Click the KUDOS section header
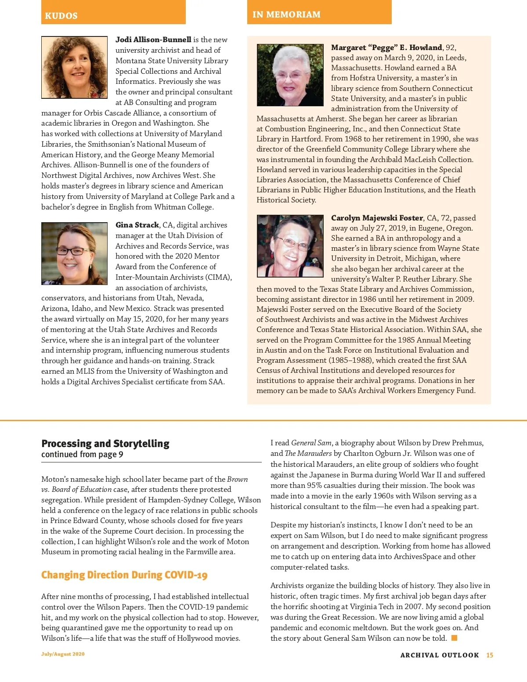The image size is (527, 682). [61, 16]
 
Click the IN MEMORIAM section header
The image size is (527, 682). [286, 14]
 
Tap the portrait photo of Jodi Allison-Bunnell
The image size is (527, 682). [74, 67]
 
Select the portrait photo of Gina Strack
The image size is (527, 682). [74, 253]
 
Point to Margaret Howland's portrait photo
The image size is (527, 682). [290, 75]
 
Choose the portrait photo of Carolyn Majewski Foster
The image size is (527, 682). [290, 246]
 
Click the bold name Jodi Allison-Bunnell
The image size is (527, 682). [153, 40]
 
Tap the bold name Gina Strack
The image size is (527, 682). [137, 225]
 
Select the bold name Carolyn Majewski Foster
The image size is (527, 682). [377, 218]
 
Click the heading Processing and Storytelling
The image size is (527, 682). [105, 444]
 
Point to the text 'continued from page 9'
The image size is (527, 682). [82, 455]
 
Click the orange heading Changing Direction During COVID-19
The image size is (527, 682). [124, 575]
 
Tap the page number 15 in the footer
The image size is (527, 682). [490, 655]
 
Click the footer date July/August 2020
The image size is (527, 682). [63, 654]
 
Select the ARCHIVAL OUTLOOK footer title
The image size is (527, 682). [440, 655]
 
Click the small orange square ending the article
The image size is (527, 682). [455, 638]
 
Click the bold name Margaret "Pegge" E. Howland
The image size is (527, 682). [386, 47]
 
